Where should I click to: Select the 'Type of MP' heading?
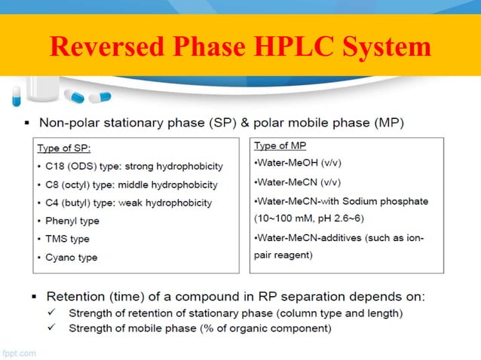[280, 145]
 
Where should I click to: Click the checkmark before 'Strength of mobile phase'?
[52, 328]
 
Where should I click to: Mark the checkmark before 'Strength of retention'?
[52, 312]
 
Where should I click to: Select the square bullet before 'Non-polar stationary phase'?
[27, 122]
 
